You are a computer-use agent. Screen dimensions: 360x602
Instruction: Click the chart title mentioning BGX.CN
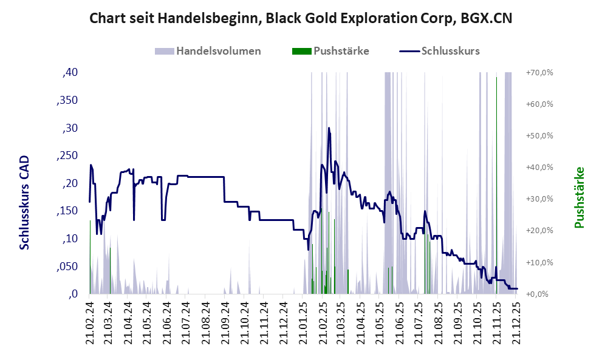pyautogui.click(x=301, y=18)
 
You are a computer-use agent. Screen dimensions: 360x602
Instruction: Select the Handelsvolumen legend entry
pyautogui.click(x=218, y=51)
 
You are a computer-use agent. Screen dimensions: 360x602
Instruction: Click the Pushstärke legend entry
pyautogui.click(x=341, y=51)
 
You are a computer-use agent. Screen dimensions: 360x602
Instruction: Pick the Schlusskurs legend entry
pyautogui.click(x=450, y=51)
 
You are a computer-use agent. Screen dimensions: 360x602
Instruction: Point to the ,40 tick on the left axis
pyautogui.click(x=70, y=72)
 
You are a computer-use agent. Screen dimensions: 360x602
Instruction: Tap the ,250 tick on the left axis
pyautogui.click(x=67, y=156)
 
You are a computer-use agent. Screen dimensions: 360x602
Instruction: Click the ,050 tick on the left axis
pyautogui.click(x=67, y=267)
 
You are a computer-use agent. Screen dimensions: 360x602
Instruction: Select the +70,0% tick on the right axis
pyautogui.click(x=539, y=72)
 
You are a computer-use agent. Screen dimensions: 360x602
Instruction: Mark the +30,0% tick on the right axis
pyautogui.click(x=539, y=199)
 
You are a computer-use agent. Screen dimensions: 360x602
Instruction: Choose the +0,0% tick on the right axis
pyautogui.click(x=540, y=294)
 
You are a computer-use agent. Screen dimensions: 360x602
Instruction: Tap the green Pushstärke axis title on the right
pyautogui.click(x=578, y=198)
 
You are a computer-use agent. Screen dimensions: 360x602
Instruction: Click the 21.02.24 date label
pyautogui.click(x=90, y=322)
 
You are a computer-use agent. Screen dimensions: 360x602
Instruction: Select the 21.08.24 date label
pyautogui.click(x=206, y=322)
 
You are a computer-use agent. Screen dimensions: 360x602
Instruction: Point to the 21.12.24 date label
pyautogui.click(x=284, y=322)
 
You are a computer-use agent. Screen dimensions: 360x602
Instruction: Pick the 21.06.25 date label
pyautogui.click(x=400, y=322)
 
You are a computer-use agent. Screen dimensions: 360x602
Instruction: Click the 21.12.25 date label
pyautogui.click(x=516, y=322)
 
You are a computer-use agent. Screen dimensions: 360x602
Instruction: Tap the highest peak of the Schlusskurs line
pyautogui.click(x=329, y=128)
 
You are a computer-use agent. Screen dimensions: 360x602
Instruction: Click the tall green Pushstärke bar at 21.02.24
pyautogui.click(x=90, y=255)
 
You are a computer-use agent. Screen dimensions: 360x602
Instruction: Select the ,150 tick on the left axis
pyautogui.click(x=67, y=211)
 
